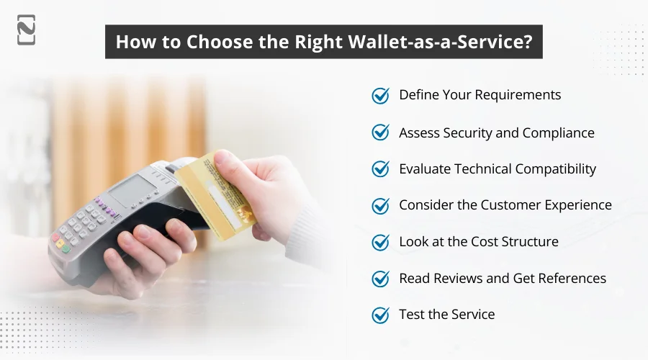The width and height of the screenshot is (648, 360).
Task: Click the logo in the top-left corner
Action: click(x=26, y=30)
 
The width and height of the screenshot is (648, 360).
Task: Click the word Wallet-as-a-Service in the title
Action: click(x=456, y=41)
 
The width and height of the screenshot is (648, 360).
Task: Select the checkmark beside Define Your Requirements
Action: click(x=380, y=96)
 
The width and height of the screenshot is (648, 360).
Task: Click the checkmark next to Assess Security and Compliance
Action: click(x=380, y=132)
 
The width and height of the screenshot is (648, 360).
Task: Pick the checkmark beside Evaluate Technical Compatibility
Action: click(x=380, y=169)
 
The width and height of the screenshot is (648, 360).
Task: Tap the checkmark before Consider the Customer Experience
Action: click(x=380, y=206)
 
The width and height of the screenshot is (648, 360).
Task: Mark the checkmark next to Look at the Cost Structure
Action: click(x=380, y=242)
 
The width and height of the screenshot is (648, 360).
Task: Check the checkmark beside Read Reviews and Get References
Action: click(x=380, y=279)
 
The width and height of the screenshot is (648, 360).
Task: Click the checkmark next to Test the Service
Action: click(x=380, y=315)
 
